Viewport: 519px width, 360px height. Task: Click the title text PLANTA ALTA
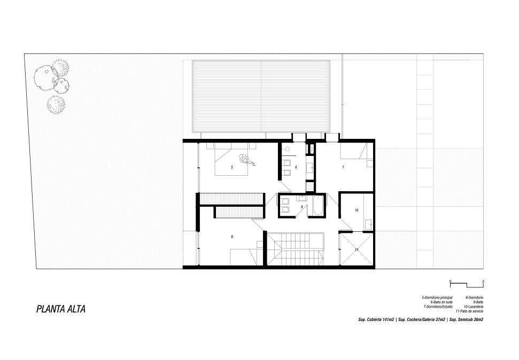pos(61,309)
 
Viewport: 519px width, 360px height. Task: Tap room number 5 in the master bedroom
pos(231,167)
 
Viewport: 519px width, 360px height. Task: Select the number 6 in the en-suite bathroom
pos(296,167)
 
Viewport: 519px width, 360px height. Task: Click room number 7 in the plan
pos(343,167)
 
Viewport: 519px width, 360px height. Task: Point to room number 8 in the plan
pos(232,237)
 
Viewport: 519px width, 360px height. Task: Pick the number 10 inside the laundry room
pos(357,210)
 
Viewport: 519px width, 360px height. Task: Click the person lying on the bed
pos(247,160)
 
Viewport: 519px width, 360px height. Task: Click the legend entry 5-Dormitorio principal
pos(437,298)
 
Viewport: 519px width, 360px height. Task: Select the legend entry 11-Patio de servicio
pos(469,311)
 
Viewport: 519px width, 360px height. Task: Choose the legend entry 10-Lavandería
pos(474,307)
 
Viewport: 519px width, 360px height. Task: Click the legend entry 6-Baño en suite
pos(441,302)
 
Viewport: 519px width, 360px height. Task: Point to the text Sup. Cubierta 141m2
pos(376,319)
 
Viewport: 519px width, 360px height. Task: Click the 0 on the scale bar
pos(450,281)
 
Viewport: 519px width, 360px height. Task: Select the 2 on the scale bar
pos(483,281)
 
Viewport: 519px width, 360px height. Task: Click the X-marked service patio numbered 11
pos(357,249)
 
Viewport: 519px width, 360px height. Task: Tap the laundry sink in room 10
pos(368,224)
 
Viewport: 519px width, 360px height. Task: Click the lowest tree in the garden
pos(56,105)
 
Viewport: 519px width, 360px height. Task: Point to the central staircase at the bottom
pos(295,249)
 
